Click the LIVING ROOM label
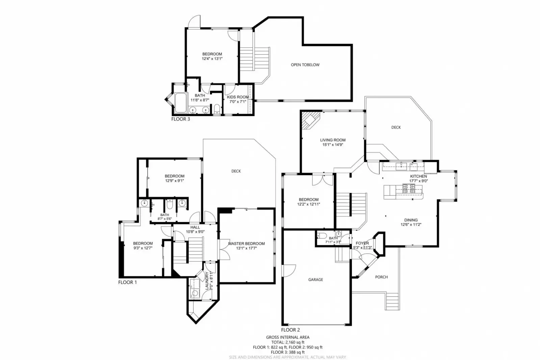(x=333, y=140)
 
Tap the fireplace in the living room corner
(x=309, y=120)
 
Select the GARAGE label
(x=315, y=280)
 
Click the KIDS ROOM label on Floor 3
(x=237, y=97)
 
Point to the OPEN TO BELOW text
(x=305, y=65)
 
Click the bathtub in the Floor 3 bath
(x=180, y=103)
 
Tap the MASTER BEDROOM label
(x=246, y=243)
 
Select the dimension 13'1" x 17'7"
(x=246, y=248)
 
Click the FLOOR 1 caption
(x=127, y=282)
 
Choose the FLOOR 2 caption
(x=290, y=330)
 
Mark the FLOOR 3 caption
(x=180, y=119)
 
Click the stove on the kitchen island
(x=409, y=188)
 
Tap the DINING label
(x=411, y=220)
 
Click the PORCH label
(x=381, y=277)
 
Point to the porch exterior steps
(x=392, y=302)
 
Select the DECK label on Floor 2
(x=396, y=127)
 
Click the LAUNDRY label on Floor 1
(x=207, y=281)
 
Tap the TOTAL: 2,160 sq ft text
(x=287, y=342)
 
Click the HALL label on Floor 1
(x=195, y=227)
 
